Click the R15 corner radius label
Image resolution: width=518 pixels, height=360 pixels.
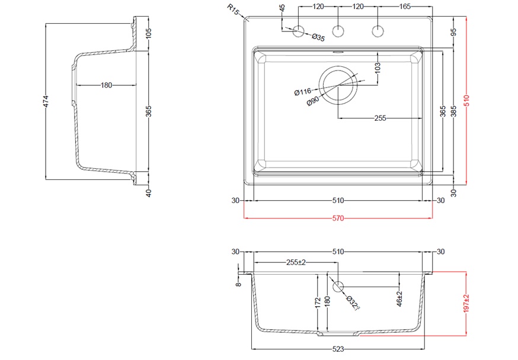233,9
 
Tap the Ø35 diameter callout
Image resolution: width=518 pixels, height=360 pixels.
318,37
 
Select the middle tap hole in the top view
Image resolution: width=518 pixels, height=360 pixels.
338,31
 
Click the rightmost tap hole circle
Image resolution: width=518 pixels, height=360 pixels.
378,31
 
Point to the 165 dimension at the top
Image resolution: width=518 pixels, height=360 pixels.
405,7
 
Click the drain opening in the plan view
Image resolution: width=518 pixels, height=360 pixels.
338,85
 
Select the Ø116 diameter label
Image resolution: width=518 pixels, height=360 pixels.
303,91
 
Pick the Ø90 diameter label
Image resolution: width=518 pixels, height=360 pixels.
312,101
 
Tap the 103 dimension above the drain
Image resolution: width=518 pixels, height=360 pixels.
378,67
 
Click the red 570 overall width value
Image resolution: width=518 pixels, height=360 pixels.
338,218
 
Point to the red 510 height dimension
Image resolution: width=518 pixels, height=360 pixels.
466,100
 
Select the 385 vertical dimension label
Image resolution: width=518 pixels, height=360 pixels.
453,111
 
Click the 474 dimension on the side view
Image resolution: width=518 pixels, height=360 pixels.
46,101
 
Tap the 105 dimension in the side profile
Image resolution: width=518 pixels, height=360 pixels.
148,33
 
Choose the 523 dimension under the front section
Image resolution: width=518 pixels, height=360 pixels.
338,349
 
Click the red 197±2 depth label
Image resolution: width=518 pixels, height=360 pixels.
466,303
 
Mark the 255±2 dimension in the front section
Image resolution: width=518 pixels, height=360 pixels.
296,262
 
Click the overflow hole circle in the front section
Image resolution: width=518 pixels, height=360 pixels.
338,287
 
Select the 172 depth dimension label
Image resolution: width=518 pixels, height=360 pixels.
318,303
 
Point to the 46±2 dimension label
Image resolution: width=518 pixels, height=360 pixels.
399,298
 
